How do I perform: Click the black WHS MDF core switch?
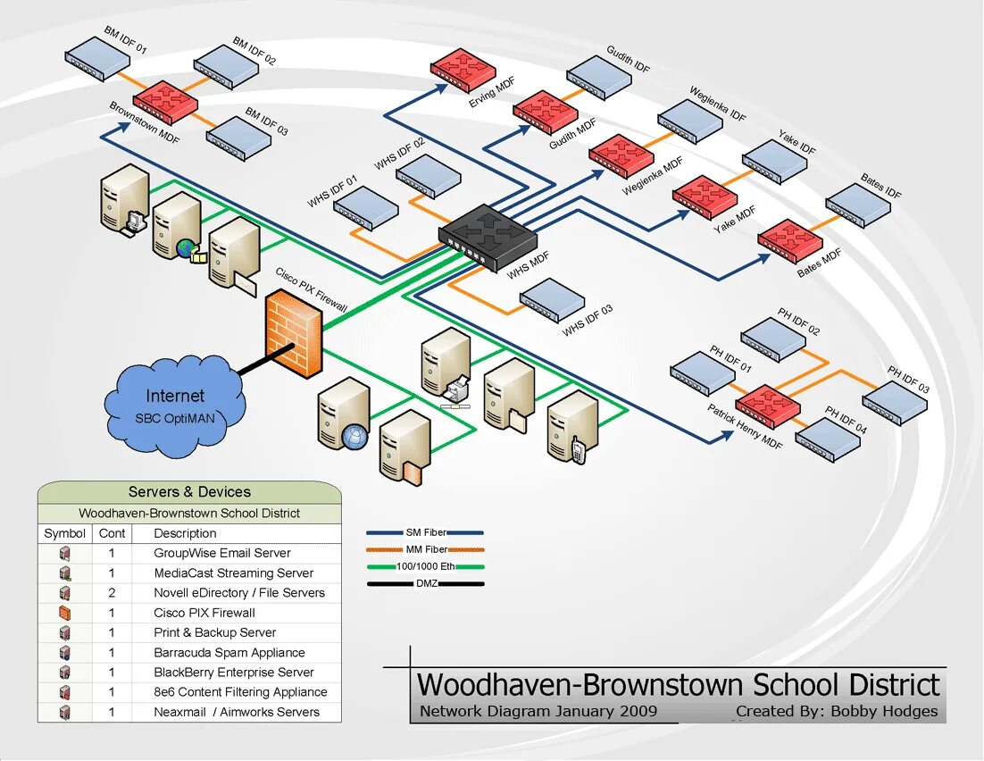(x=487, y=236)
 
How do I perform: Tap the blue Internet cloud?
(x=175, y=405)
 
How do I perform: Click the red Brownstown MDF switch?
(x=165, y=100)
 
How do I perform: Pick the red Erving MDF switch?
(x=463, y=71)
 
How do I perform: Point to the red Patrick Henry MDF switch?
(x=768, y=407)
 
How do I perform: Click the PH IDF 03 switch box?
(x=896, y=403)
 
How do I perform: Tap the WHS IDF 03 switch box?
(x=552, y=300)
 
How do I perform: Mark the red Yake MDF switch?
(x=705, y=197)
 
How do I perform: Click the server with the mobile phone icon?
(x=572, y=428)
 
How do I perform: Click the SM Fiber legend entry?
(x=425, y=533)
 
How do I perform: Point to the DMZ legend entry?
(x=425, y=584)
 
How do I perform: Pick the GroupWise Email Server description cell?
(x=222, y=553)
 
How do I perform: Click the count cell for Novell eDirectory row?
(x=112, y=593)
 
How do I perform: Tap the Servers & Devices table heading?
(x=189, y=491)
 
